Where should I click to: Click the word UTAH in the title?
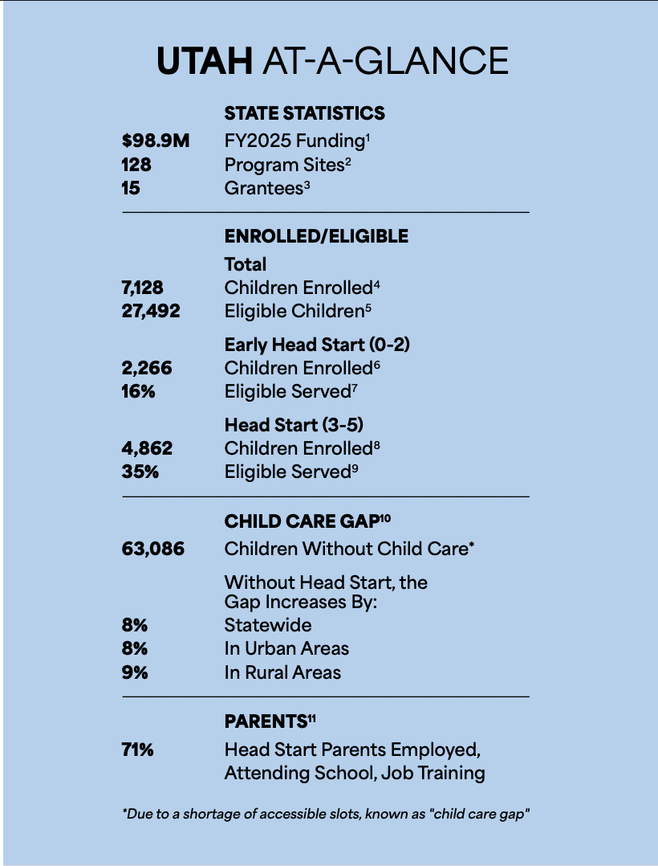tap(205, 60)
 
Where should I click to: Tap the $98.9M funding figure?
tap(156, 141)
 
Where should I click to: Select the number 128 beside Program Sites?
tap(136, 165)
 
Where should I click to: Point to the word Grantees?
tap(264, 188)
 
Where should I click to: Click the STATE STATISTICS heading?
tap(304, 113)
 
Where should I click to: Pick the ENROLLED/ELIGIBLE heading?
tap(316, 236)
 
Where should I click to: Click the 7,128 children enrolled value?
tap(142, 288)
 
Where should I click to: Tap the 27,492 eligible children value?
tap(151, 311)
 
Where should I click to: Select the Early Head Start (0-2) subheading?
tap(317, 345)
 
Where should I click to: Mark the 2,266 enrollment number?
tap(147, 368)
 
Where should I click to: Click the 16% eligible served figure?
tap(139, 391)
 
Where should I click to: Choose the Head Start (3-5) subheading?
tap(294, 425)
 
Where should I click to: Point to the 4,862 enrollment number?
tap(147, 448)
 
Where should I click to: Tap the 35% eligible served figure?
tap(140, 472)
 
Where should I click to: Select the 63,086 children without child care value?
tap(152, 549)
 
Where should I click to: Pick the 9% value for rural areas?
tap(135, 672)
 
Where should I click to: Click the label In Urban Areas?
tap(286, 648)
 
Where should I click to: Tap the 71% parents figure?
tap(137, 750)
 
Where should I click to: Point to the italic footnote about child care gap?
tap(326, 814)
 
